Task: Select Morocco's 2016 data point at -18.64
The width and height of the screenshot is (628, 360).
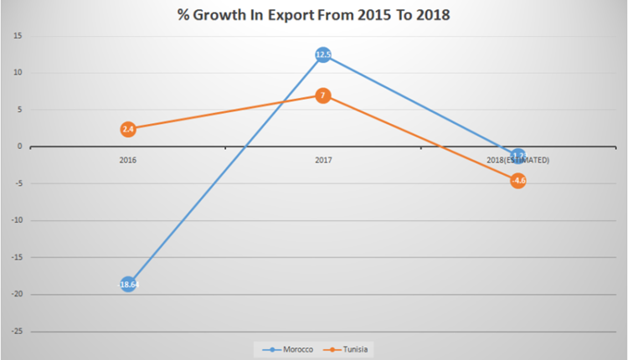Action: (x=128, y=285)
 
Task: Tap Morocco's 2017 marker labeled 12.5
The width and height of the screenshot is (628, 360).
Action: (x=323, y=55)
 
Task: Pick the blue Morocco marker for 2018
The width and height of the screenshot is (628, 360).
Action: (x=518, y=156)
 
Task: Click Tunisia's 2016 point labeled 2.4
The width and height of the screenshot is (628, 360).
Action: (x=128, y=129)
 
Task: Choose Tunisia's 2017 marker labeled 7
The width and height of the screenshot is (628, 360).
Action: (x=323, y=95)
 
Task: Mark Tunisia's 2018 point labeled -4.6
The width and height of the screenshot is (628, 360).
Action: (x=518, y=180)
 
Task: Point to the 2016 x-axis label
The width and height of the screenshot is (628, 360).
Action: (x=128, y=159)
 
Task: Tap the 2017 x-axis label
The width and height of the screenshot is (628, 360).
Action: (x=323, y=159)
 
